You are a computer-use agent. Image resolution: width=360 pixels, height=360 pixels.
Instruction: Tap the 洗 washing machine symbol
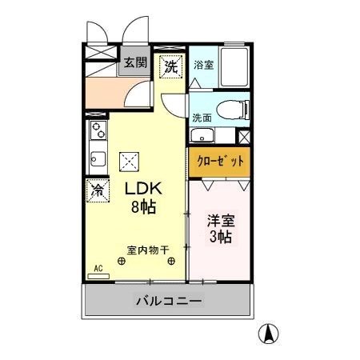[170, 67]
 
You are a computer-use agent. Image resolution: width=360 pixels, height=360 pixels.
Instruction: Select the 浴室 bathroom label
[203, 65]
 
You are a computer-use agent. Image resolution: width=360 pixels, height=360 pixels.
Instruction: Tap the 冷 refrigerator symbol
[97, 190]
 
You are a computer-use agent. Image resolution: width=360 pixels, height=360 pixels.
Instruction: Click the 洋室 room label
[219, 220]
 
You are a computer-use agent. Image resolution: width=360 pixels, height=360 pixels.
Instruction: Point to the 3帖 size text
[219, 238]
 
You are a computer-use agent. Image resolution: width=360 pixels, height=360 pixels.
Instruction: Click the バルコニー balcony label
[169, 302]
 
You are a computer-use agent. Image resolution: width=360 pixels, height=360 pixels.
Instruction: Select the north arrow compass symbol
[271, 332]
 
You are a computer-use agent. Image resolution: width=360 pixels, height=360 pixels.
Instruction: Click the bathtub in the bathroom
[234, 66]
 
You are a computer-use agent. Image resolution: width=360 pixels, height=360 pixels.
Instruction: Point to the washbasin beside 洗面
[203, 135]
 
